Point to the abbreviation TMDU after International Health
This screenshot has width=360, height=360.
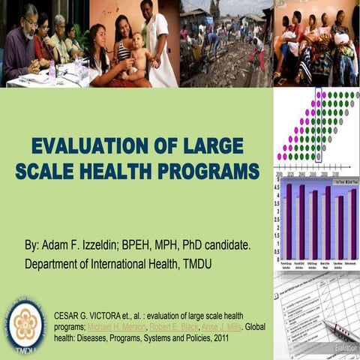pyautogui.click(x=202, y=264)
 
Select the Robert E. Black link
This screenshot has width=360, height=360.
pyautogui.click(x=170, y=328)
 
